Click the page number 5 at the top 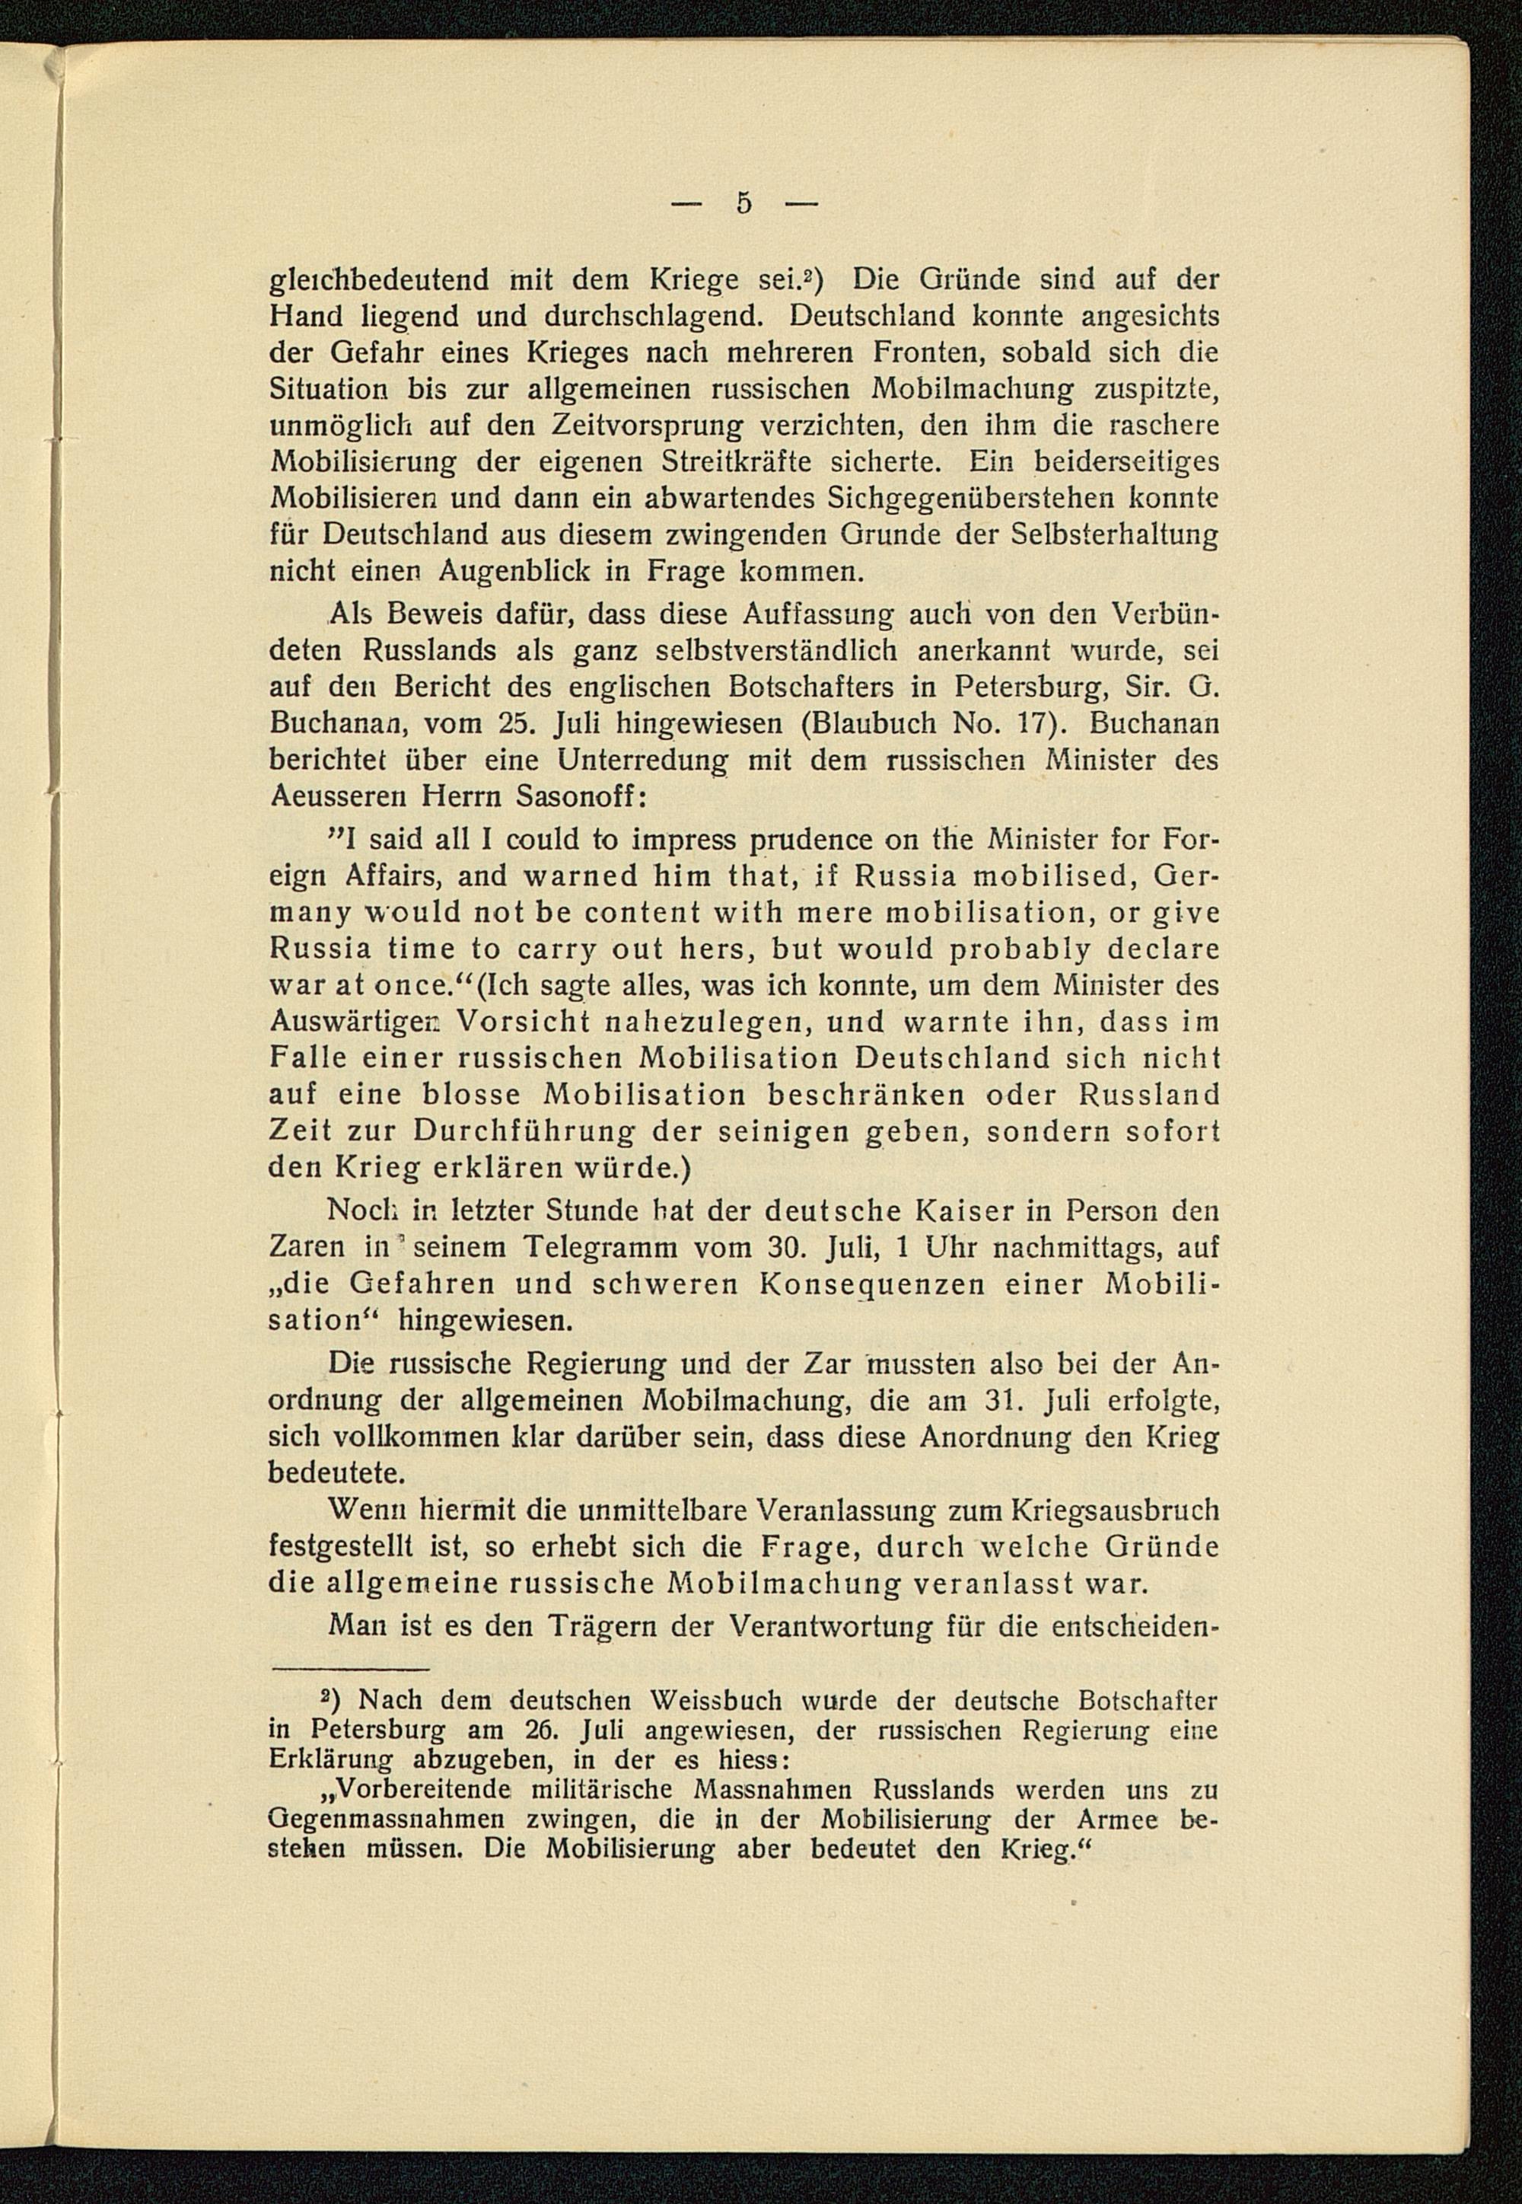point(743,204)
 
